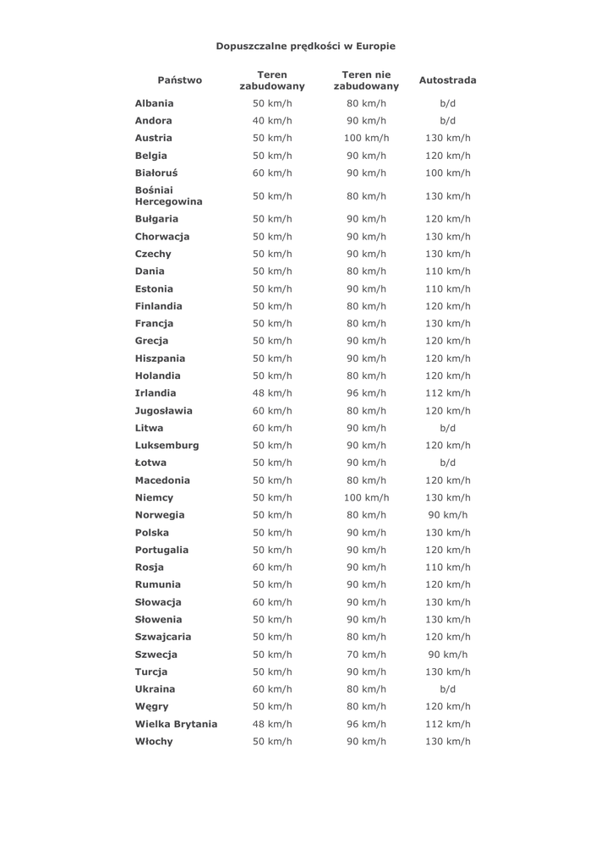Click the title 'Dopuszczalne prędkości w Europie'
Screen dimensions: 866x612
pos(305,46)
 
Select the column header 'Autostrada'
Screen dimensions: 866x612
pos(447,80)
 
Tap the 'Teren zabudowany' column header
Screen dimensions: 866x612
pos(272,80)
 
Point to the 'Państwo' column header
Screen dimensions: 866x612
pos(180,80)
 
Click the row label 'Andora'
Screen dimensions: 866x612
pos(153,120)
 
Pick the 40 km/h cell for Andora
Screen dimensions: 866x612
pos(272,120)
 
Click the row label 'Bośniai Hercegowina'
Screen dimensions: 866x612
pos(168,196)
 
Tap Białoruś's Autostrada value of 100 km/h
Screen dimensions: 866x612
pos(448,173)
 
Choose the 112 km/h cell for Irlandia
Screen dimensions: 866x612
pos(448,393)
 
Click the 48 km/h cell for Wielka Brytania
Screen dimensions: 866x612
pos(272,724)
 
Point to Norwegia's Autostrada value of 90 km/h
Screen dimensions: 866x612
pos(448,515)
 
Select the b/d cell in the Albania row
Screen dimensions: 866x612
pos(448,103)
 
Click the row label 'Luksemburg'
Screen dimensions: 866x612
pos(167,446)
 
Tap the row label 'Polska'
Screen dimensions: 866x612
pos(152,533)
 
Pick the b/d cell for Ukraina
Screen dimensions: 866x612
pos(448,689)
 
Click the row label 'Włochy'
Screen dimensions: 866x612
pos(154,742)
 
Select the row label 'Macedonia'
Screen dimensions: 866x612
pos(162,480)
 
